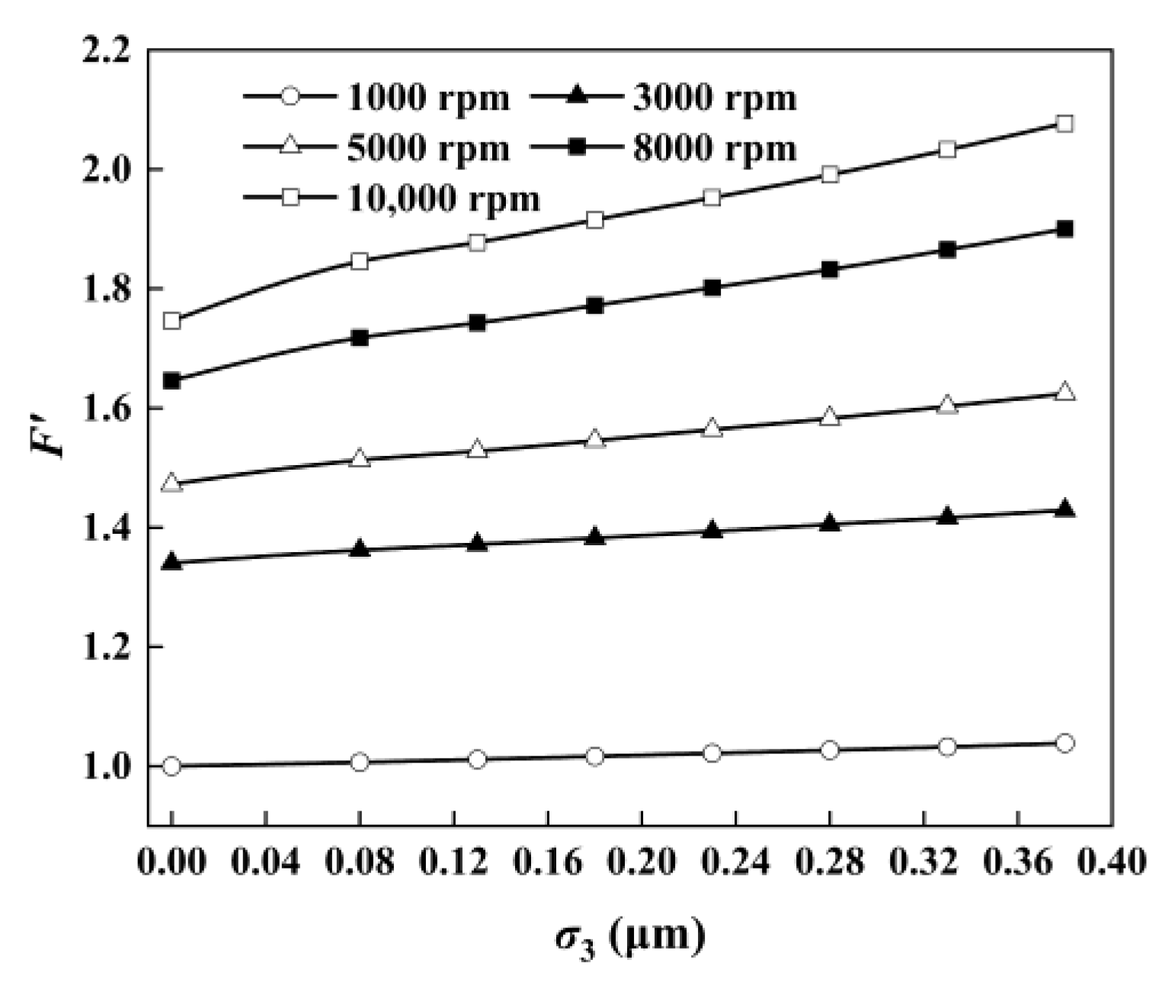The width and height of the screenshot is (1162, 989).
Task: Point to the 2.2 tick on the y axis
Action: click(x=106, y=51)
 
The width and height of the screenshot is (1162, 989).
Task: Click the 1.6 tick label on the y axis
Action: click(x=106, y=409)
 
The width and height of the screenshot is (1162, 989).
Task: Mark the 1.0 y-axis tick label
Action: click(x=106, y=766)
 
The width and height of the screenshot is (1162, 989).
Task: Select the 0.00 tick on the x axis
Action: click(x=172, y=862)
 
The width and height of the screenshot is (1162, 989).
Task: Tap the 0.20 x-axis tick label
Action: click(x=642, y=862)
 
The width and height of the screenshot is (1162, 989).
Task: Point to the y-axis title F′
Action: click(x=47, y=437)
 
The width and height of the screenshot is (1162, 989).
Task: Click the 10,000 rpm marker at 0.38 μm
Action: click(x=1065, y=124)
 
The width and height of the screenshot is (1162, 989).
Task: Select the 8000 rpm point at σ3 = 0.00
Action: click(x=172, y=381)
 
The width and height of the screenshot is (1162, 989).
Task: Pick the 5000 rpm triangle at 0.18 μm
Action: click(x=595, y=439)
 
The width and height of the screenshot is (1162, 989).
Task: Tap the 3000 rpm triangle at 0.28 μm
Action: click(x=830, y=523)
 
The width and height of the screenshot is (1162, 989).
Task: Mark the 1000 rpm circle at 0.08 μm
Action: click(x=360, y=762)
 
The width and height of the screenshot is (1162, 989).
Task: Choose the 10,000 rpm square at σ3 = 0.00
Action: click(x=172, y=321)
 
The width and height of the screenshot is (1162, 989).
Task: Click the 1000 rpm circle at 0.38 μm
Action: click(x=1065, y=743)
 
